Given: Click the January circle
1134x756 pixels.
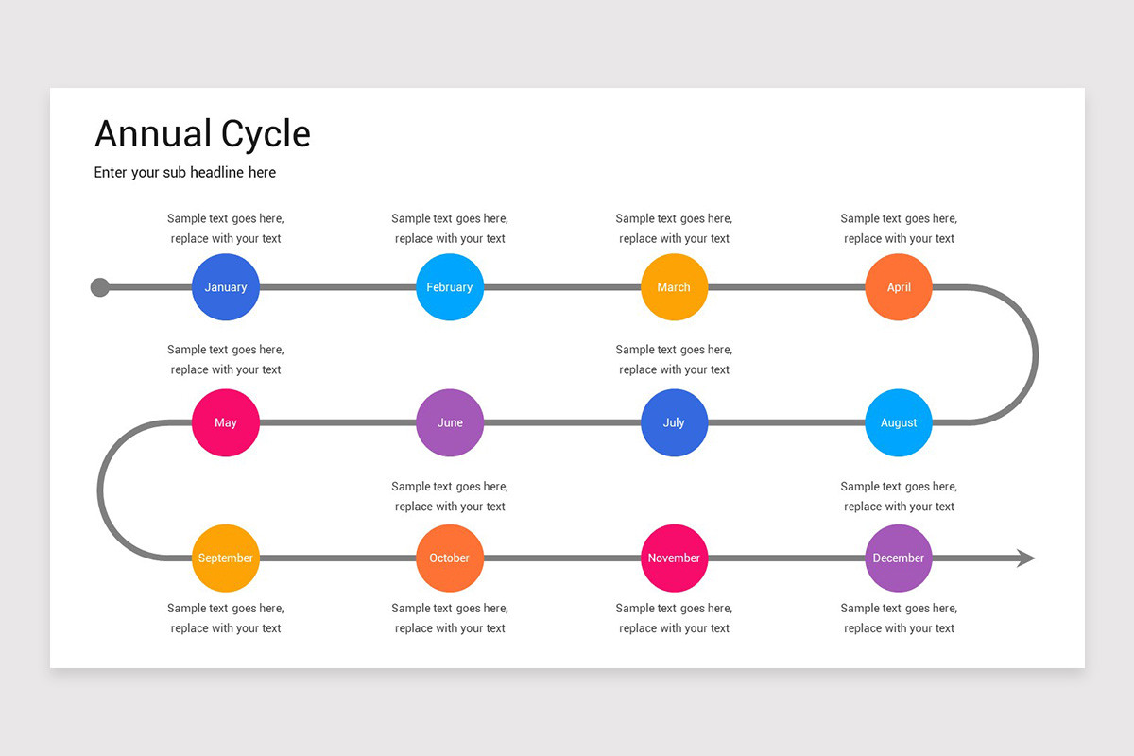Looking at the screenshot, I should [x=226, y=287].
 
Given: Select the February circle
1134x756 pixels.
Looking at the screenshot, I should [x=450, y=287].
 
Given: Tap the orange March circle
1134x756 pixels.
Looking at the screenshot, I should [x=674, y=287].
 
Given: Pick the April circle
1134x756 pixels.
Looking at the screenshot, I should [x=899, y=287].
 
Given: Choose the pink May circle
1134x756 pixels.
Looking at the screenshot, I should [x=226, y=422].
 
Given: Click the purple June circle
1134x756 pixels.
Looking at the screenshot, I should [x=450, y=422].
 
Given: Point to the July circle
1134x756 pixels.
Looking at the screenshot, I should [x=674, y=422].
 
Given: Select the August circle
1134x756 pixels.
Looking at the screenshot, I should [x=899, y=422].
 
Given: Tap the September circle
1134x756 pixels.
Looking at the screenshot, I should [x=226, y=558].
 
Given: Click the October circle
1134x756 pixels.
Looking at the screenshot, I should [x=450, y=558].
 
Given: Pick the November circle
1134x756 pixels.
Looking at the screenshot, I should [x=674, y=558].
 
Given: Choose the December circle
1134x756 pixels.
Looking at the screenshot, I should [x=899, y=558].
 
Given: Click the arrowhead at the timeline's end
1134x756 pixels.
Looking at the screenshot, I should [x=1025, y=558].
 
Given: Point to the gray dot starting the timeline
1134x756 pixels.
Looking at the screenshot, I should [x=100, y=287].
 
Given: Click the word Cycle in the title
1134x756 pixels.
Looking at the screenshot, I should [x=266, y=134].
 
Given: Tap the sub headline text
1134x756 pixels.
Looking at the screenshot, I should [x=185, y=172].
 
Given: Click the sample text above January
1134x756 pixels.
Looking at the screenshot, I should [x=226, y=229].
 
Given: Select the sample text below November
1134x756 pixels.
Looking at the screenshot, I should [x=674, y=618].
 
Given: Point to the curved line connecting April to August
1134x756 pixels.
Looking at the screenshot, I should [x=1036, y=355].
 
